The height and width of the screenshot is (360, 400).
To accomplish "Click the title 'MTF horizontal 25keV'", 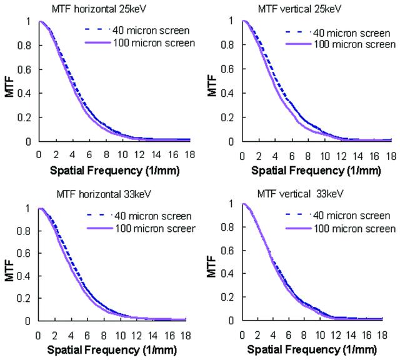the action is [x=99, y=9].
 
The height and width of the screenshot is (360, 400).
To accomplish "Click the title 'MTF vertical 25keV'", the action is [x=299, y=9].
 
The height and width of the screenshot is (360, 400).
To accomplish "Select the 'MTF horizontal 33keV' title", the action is [x=104, y=194].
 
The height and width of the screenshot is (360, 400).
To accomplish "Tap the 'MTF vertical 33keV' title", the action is [x=300, y=194].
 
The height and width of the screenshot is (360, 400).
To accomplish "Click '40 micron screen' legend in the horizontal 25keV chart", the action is [x=151, y=31].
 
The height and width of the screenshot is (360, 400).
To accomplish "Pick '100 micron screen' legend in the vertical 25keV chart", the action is [x=354, y=44].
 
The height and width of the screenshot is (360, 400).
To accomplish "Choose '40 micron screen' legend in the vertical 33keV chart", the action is [x=351, y=216].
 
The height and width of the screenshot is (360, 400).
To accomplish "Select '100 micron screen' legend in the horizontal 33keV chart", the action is [x=155, y=228].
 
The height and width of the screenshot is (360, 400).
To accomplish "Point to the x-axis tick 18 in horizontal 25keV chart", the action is [x=189, y=154].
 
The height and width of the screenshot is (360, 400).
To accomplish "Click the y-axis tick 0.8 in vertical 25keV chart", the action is [x=227, y=45].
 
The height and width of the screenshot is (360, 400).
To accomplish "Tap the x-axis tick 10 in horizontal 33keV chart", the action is [x=121, y=336].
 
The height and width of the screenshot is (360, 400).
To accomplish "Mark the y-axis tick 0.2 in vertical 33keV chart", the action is [x=227, y=297].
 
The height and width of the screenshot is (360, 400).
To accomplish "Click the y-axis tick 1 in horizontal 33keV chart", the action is [x=27, y=209].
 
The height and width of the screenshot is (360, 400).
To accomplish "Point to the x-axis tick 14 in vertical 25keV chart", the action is [x=357, y=156].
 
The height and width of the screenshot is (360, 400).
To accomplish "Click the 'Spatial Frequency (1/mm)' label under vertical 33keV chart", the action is [x=312, y=349].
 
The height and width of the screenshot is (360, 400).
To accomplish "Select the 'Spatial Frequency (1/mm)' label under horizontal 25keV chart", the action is [x=114, y=171].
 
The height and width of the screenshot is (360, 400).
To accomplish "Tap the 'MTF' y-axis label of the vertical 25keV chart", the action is [x=212, y=86].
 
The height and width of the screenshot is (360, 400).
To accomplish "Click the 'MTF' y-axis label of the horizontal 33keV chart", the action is [x=9, y=271].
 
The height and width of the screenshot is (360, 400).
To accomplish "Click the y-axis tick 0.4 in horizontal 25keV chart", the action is [x=24, y=93].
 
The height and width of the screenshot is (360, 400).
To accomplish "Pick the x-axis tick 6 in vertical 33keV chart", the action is [x=288, y=335].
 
